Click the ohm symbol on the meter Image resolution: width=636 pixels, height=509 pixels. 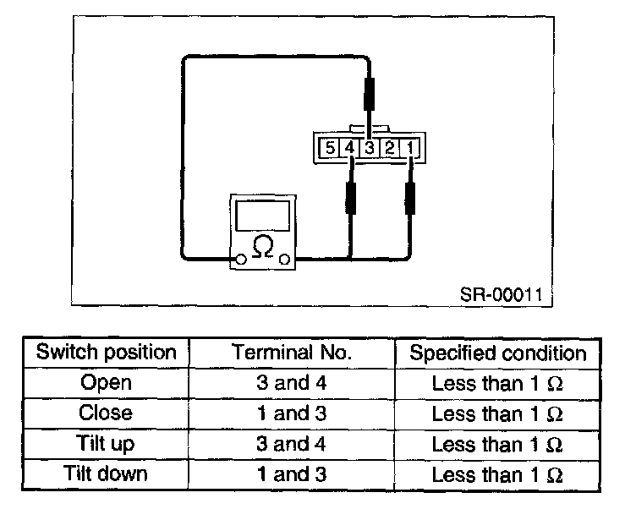pos(264,247)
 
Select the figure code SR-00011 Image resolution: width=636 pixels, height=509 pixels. pos(506,295)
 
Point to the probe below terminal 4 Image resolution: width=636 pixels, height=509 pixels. pos(350,200)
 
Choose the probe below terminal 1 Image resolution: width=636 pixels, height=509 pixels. pos(412,200)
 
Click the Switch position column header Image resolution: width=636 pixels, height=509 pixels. pos(107,353)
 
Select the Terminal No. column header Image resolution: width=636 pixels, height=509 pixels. pos(292,353)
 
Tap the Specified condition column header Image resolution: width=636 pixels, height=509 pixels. pos(497,353)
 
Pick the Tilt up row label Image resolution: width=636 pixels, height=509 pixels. pos(107,444)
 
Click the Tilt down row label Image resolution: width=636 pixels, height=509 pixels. pos(107,474)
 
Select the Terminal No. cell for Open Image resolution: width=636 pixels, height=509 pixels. pos(292,383)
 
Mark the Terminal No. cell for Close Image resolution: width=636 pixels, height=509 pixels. pos(292,413)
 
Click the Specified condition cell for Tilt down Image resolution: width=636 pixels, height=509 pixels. pos(497,474)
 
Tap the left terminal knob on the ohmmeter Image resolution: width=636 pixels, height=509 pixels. pos(241,259)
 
